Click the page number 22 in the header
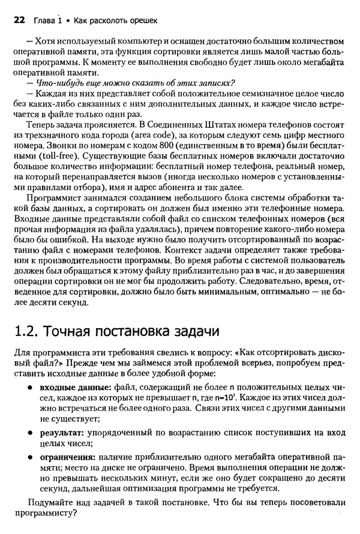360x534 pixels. pos(19,20)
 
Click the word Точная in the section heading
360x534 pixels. pos(75,331)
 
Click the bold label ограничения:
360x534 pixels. pos(68,457)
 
